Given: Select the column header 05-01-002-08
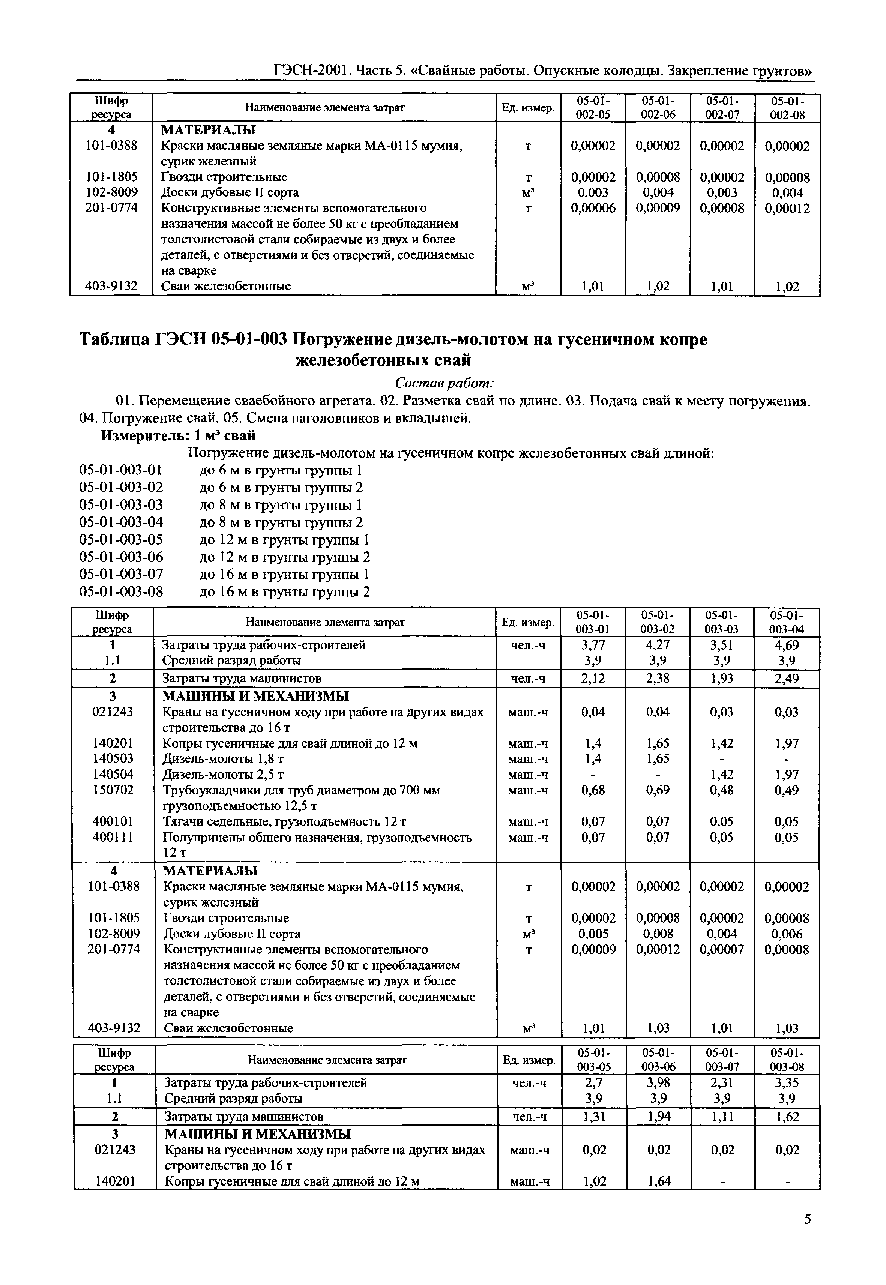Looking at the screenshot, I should click(787, 108).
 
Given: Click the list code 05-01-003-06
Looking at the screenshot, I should click(121, 557).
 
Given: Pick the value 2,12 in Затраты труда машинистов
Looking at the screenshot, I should click(593, 678).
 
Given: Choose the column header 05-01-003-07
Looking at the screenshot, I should click(723, 1060).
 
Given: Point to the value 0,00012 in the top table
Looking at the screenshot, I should click(787, 209).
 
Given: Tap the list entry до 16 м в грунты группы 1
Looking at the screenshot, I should click(284, 575).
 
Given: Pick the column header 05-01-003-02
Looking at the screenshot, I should click(658, 622).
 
